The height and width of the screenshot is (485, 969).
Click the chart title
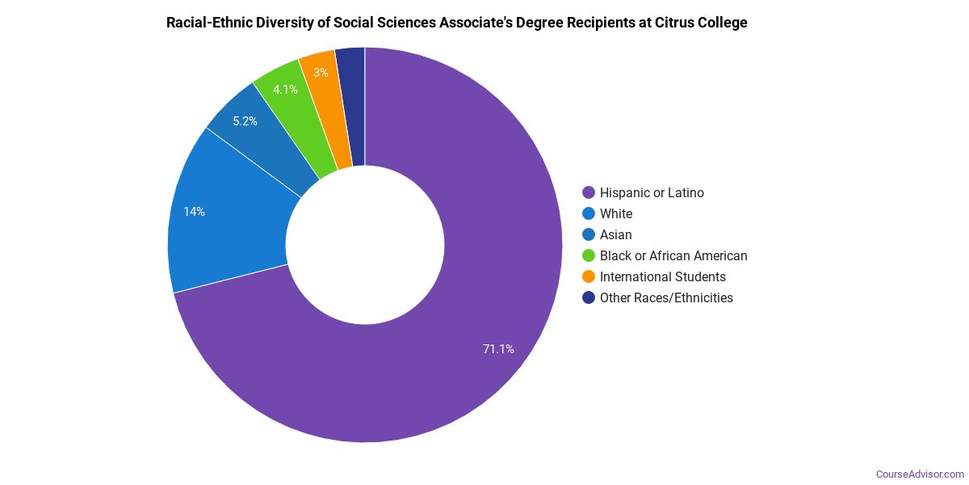point(456,23)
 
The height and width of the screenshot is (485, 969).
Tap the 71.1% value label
point(498,349)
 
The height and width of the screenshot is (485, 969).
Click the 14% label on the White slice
point(194,212)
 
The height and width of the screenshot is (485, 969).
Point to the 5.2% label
point(245,121)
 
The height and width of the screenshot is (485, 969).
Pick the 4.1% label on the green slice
point(285,90)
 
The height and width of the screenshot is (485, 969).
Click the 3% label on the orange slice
point(321,73)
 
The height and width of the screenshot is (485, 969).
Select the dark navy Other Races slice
point(351,105)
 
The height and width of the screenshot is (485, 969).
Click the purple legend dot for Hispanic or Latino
point(589,192)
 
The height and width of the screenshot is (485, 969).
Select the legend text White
point(616,213)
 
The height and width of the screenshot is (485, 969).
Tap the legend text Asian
point(616,234)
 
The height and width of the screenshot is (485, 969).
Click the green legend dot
point(589,255)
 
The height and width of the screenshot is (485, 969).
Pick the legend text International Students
point(662,276)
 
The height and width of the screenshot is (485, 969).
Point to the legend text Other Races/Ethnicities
point(666,297)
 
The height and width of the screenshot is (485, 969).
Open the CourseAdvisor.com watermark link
point(920,474)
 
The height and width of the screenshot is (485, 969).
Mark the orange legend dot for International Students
point(589,276)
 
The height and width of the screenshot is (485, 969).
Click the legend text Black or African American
point(673,255)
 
